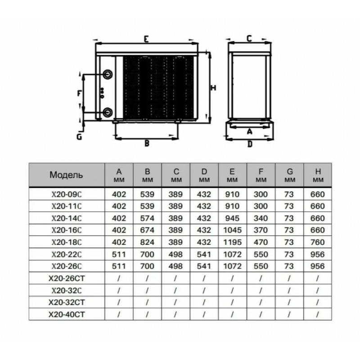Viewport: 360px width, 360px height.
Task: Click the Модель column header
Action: pos(66,175)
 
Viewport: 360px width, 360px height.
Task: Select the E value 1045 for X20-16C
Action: pos(232,230)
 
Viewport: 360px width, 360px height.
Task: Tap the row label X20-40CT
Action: pos(67,314)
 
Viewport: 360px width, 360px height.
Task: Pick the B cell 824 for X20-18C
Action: pos(147,242)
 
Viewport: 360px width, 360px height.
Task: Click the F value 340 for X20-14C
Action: pos(261,218)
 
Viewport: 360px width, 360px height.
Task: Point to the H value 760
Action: pos(318,242)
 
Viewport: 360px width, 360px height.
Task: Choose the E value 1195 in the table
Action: pos(232,242)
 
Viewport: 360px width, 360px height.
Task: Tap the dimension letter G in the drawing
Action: pos(79,137)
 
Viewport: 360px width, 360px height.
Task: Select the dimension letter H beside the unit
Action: pos(213,88)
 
